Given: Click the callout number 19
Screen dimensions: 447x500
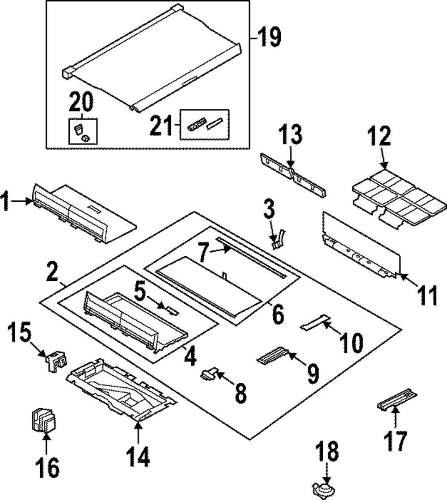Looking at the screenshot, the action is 269,37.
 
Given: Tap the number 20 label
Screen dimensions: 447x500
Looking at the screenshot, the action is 81,102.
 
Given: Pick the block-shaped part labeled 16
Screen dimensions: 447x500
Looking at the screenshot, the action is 43,419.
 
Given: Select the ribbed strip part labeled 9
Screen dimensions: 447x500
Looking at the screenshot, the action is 272,355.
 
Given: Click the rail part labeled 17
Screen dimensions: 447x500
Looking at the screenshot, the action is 396,399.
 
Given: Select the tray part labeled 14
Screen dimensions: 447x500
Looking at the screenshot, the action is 121,390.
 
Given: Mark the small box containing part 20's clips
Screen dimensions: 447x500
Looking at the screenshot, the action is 83,131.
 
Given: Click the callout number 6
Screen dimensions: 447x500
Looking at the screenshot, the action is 278,314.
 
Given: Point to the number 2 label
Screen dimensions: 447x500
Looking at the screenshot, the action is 53,271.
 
